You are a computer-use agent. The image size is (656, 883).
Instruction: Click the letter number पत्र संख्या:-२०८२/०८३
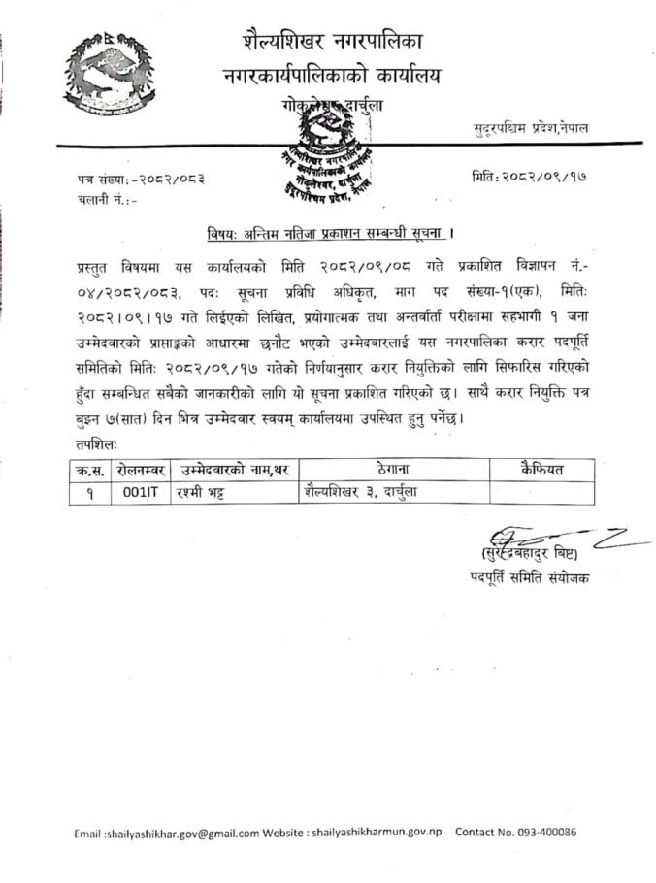coord(142,179)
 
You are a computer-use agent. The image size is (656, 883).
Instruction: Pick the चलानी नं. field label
coord(108,201)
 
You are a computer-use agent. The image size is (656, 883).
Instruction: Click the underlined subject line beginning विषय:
coord(331,233)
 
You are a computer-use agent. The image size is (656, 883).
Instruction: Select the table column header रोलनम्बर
coord(142,469)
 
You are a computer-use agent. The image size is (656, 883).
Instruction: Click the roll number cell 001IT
coord(141,492)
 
